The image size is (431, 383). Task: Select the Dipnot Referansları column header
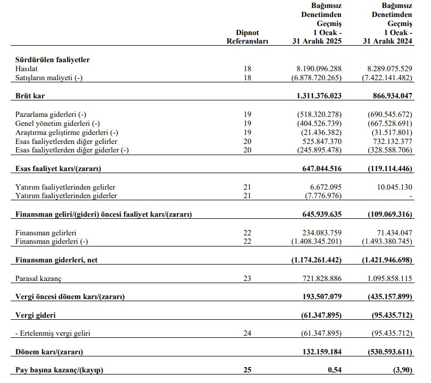[247, 37]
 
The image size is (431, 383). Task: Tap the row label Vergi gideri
[35, 315]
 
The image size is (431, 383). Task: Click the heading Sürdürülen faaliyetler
[52, 59]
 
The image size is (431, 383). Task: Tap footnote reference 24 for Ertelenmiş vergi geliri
[247, 334]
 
